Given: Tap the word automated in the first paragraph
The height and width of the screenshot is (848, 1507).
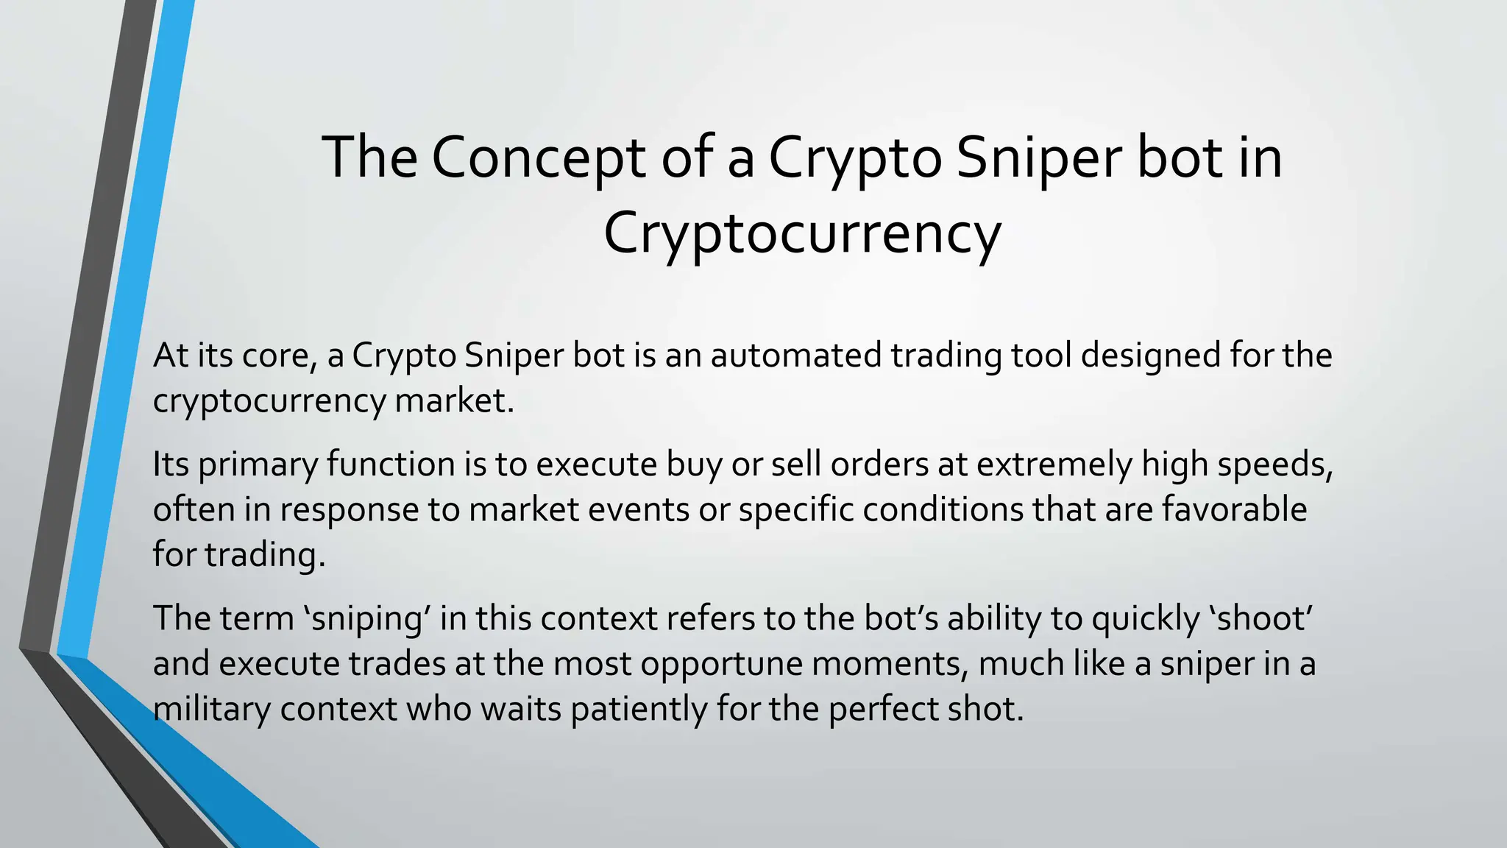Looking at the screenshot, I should coord(795,356).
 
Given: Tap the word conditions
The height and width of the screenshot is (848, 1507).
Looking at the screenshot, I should coord(943,509).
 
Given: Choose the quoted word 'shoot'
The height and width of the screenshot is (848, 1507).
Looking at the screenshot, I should coord(1261,618).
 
